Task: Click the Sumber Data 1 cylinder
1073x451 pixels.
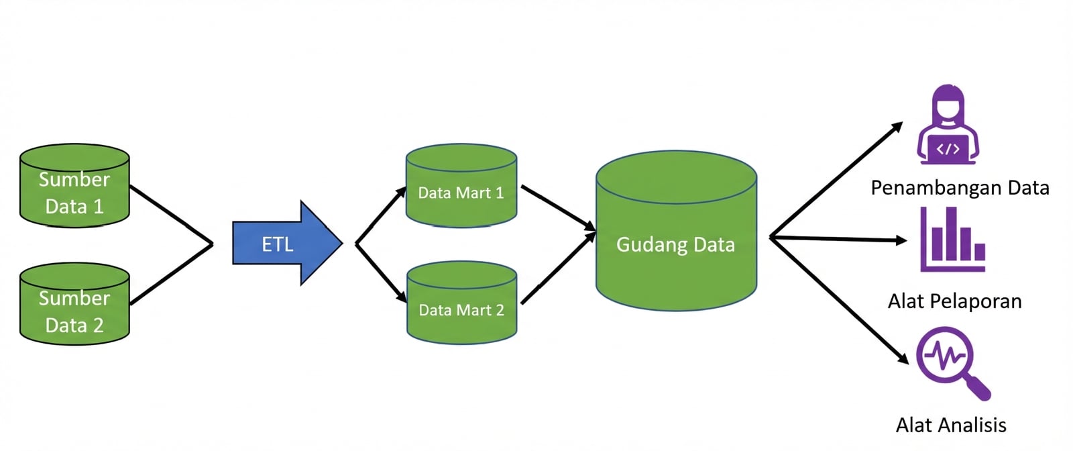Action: click(x=74, y=191)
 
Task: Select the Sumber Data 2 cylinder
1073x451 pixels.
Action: click(x=74, y=310)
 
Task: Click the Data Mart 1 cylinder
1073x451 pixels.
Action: click(x=461, y=191)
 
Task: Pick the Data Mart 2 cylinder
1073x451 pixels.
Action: click(x=461, y=309)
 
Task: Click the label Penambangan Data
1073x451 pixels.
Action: click(x=960, y=188)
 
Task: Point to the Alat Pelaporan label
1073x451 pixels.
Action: click(x=954, y=301)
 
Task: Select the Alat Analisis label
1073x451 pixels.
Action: click(x=951, y=425)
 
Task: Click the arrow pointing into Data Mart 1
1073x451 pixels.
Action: click(x=380, y=215)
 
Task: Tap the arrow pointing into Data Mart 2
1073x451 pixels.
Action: click(x=380, y=272)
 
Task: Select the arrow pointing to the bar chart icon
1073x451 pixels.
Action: click(x=838, y=238)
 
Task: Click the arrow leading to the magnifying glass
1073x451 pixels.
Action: click(x=838, y=299)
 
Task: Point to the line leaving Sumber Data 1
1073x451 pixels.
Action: click(x=171, y=215)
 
